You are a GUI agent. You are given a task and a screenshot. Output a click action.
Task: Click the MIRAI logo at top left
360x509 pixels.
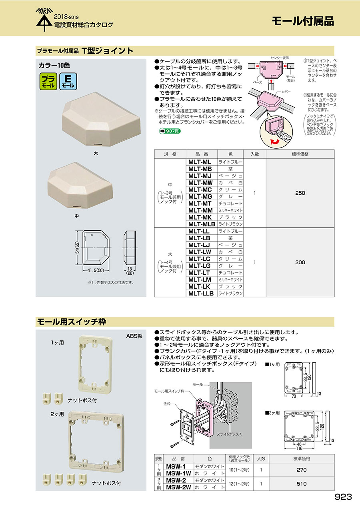click(x=44, y=20)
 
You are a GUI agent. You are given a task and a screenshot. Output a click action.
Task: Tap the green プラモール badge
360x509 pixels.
click(x=48, y=81)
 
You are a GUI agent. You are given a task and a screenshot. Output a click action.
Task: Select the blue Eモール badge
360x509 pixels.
click(x=68, y=81)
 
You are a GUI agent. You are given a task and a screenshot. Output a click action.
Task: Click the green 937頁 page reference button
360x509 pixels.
click(x=170, y=131)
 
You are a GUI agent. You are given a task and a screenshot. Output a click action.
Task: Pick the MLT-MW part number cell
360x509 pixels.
click(x=200, y=183)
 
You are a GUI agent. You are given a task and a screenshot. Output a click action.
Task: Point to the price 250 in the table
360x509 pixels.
click(x=300, y=193)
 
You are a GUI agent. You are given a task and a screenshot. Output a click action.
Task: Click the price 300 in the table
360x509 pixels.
click(x=300, y=262)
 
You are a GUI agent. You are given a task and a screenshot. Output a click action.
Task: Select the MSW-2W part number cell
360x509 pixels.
click(x=178, y=487)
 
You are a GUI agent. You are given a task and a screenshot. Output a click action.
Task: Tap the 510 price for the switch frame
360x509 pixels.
click(x=302, y=484)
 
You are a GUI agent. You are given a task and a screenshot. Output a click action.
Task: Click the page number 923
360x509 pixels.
click(x=343, y=497)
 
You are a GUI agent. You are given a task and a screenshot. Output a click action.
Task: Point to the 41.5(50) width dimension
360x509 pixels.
click(x=96, y=271)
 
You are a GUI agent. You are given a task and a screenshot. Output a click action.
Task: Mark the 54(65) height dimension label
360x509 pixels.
click(x=78, y=248)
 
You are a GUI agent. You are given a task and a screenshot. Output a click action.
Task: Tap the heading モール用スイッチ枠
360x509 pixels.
click(x=72, y=322)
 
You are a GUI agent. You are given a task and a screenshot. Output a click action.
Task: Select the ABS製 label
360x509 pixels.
click(x=134, y=336)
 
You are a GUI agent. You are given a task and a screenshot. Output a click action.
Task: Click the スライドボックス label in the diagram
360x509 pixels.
click(x=229, y=434)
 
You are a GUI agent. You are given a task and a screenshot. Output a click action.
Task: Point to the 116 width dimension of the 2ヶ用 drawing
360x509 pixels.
click(x=299, y=448)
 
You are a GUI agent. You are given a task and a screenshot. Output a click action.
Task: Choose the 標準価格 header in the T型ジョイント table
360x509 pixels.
click(x=300, y=154)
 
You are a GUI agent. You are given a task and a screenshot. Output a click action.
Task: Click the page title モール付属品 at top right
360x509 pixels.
click(x=303, y=21)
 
